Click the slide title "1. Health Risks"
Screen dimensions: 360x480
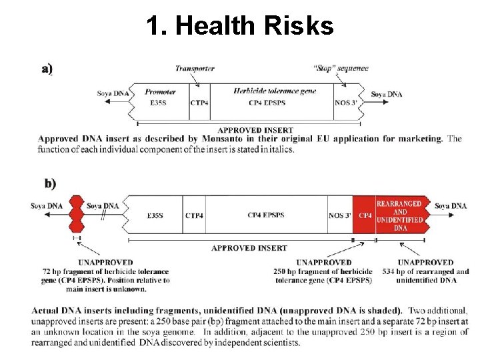pyautogui.click(x=240, y=26)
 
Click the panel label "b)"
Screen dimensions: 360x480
pyautogui.click(x=50, y=183)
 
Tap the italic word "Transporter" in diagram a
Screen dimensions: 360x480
pyautogui.click(x=195, y=69)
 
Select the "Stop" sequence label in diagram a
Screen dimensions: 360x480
pyautogui.click(x=340, y=69)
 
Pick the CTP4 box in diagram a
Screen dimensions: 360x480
pyautogui.click(x=199, y=103)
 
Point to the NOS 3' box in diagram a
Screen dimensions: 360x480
pyautogui.click(x=347, y=103)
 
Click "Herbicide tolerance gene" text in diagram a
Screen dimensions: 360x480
pyautogui.click(x=275, y=91)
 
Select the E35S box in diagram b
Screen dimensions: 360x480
pyautogui.click(x=157, y=215)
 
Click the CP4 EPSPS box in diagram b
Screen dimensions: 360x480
pyautogui.click(x=265, y=215)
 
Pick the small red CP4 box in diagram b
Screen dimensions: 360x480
pyautogui.click(x=365, y=215)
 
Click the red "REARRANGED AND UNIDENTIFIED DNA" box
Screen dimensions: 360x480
pyautogui.click(x=399, y=215)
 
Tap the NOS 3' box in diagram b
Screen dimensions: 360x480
pyautogui.click(x=339, y=215)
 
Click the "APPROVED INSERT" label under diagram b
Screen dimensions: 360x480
pyautogui.click(x=249, y=248)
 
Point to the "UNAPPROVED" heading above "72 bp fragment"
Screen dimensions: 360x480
pyautogui.click(x=105, y=263)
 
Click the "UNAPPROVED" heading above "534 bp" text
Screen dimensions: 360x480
pyautogui.click(x=425, y=263)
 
